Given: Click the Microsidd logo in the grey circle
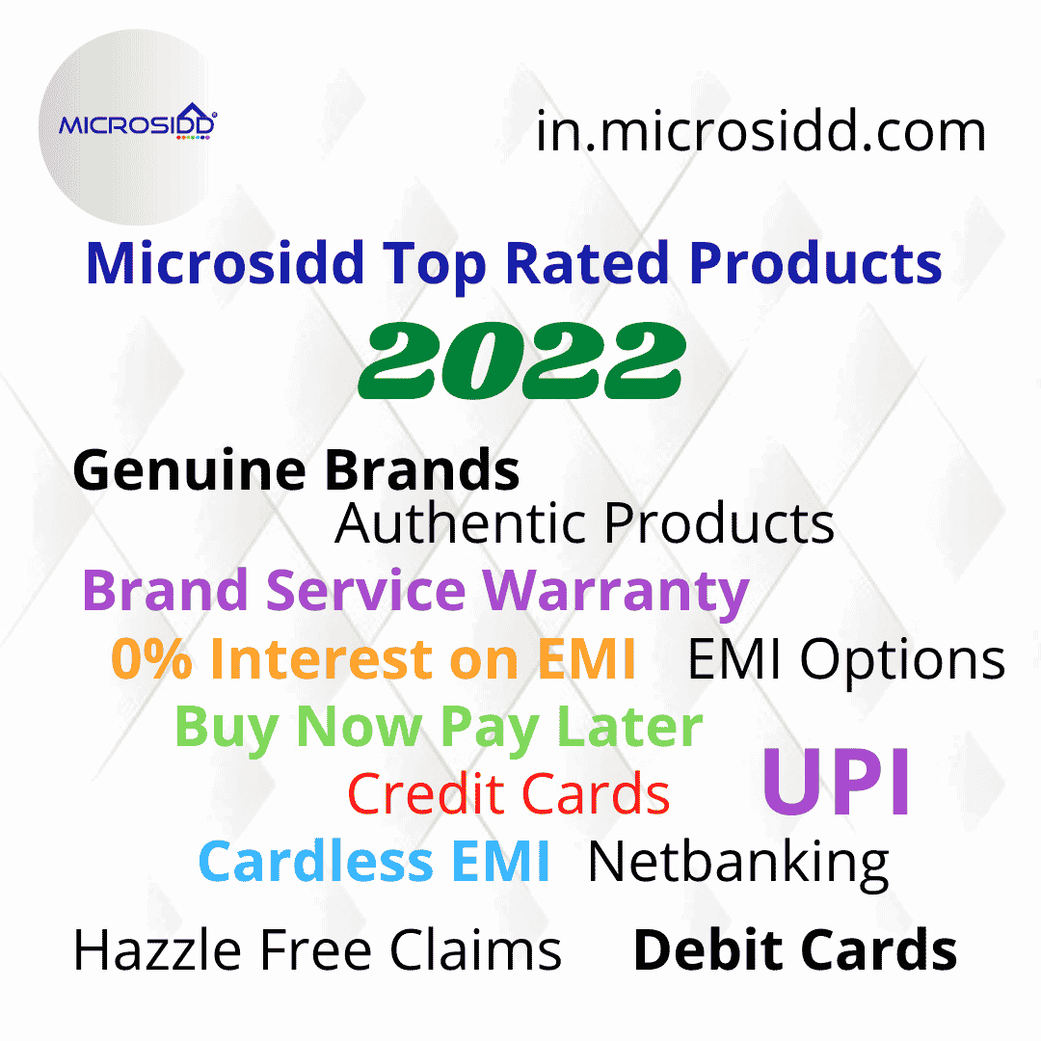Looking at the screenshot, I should (x=138, y=125).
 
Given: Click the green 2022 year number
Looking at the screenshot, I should (x=520, y=361).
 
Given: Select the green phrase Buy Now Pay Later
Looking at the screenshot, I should (x=439, y=728).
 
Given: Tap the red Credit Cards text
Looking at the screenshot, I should (x=508, y=795).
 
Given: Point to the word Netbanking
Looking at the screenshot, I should (x=737, y=861).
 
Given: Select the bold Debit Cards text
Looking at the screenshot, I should (x=794, y=949).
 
